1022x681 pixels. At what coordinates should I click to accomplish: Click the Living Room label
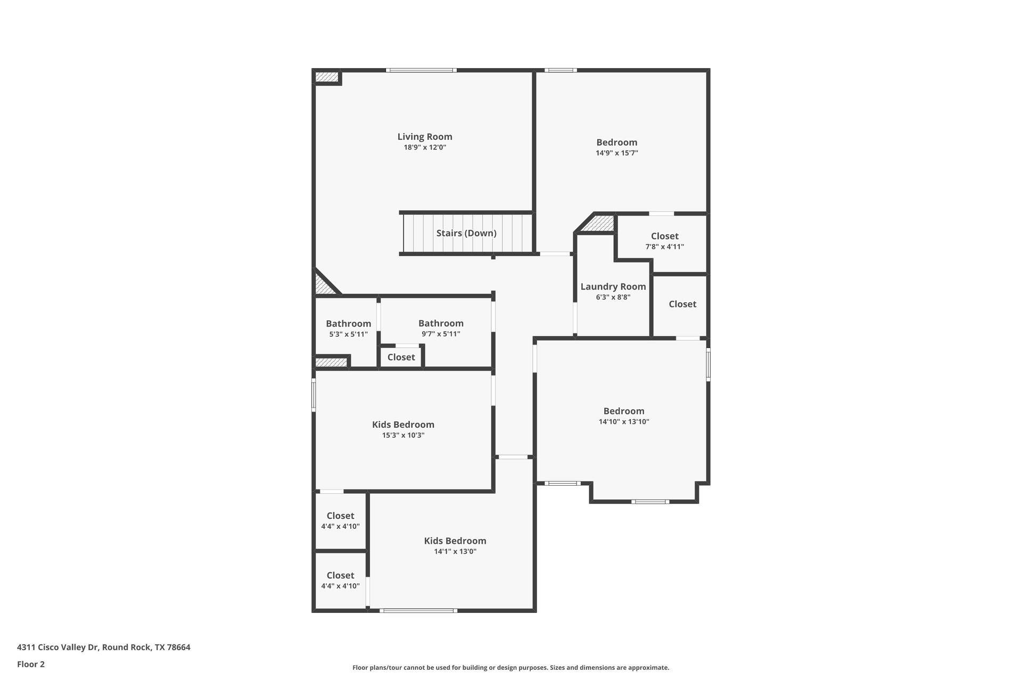tap(425, 137)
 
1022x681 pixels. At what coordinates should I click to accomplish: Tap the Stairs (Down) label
tap(466, 233)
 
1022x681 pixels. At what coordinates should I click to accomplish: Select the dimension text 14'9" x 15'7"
tap(616, 153)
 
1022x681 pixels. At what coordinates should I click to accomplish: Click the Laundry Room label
tap(613, 286)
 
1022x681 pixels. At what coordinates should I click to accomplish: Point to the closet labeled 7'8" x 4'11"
tap(664, 240)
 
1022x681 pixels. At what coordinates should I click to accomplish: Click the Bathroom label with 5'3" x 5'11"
tap(348, 323)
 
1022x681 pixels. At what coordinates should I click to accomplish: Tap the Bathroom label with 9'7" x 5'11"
tap(441, 323)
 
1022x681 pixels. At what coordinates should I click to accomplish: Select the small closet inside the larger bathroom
tap(401, 357)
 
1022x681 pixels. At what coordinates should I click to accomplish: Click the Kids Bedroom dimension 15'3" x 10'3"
tap(403, 435)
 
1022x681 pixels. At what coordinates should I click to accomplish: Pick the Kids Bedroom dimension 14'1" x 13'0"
tap(455, 552)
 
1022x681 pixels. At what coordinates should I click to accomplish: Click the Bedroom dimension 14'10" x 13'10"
tap(624, 422)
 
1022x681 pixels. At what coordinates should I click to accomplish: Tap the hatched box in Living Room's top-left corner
tap(326, 78)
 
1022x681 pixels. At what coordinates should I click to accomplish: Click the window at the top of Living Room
tap(421, 70)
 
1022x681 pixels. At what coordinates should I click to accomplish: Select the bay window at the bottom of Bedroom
tap(650, 501)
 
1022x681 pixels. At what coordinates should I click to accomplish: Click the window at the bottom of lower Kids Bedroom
tap(418, 610)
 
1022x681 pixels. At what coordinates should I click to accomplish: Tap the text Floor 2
tap(31, 664)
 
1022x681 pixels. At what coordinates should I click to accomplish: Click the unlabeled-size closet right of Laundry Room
tap(682, 304)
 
